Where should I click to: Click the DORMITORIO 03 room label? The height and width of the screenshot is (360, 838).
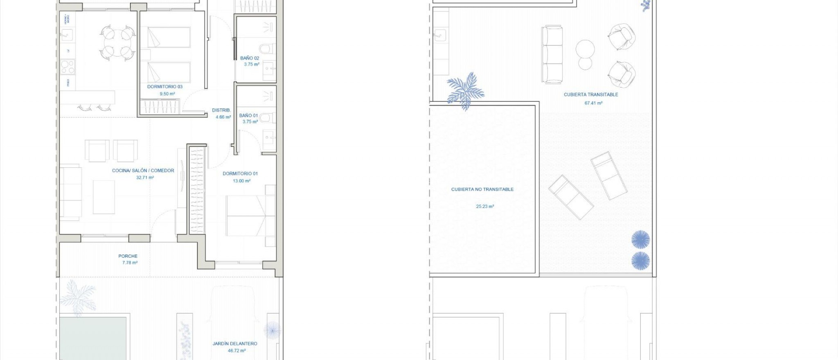164,87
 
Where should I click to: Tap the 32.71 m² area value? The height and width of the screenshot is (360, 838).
145,178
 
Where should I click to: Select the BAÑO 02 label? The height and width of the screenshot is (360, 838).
250,58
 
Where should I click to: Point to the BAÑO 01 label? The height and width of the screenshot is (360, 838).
248,115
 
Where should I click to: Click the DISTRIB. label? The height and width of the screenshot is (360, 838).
221,110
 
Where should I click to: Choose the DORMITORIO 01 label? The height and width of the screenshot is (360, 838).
240,173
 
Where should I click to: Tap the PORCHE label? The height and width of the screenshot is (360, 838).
128,256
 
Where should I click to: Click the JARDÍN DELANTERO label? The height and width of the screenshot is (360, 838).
235,344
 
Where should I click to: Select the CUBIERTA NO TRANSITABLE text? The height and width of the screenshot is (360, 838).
482,189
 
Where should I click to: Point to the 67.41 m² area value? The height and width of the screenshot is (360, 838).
593,103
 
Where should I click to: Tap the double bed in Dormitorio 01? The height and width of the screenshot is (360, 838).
246,216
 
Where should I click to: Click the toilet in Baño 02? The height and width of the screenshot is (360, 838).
266,49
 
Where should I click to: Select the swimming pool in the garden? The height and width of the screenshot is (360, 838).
93,338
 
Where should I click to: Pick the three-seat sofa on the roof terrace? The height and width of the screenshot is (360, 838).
552,54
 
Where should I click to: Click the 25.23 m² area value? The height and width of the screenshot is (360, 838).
485,207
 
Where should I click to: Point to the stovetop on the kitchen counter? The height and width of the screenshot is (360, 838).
68,66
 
